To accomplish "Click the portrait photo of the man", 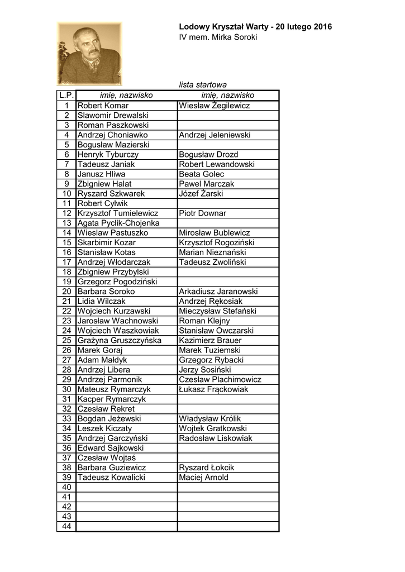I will [x=89, y=54].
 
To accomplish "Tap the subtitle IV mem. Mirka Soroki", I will [x=218, y=37].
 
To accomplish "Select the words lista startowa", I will [x=203, y=85].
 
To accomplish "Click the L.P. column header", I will [x=66, y=96].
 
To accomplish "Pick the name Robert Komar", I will [x=103, y=106].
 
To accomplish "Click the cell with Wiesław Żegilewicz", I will [x=214, y=106].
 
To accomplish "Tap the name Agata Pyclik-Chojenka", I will [x=118, y=223].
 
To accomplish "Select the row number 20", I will [x=66, y=292].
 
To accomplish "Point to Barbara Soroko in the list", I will [x=106, y=292].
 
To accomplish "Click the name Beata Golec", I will [x=202, y=174].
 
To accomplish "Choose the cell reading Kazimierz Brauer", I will [x=210, y=340].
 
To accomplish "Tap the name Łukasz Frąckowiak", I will [x=213, y=389].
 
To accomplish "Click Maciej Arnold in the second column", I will [x=203, y=478].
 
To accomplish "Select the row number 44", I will [x=66, y=526].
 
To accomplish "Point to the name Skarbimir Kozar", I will [x=106, y=242].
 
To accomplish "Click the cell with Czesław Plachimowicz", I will [x=220, y=379].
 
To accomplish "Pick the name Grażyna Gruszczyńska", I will [x=120, y=340].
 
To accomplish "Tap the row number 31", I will [x=66, y=399].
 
